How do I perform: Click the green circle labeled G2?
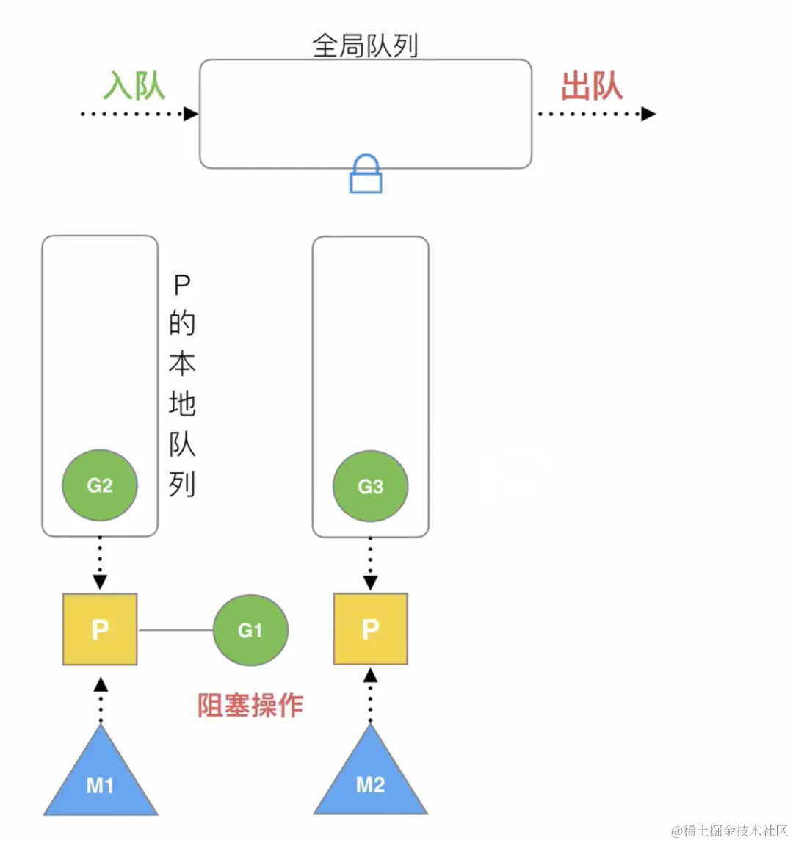click(100, 485)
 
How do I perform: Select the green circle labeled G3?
click(370, 486)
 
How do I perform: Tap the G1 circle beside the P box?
click(250, 630)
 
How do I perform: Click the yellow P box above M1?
click(100, 629)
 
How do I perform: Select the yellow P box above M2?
click(370, 629)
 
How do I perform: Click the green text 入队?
click(134, 86)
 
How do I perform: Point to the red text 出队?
click(592, 86)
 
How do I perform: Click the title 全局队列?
click(365, 46)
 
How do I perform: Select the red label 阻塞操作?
click(250, 706)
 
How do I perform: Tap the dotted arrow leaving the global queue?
click(595, 114)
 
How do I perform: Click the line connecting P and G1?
click(175, 630)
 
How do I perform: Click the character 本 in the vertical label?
click(181, 363)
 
